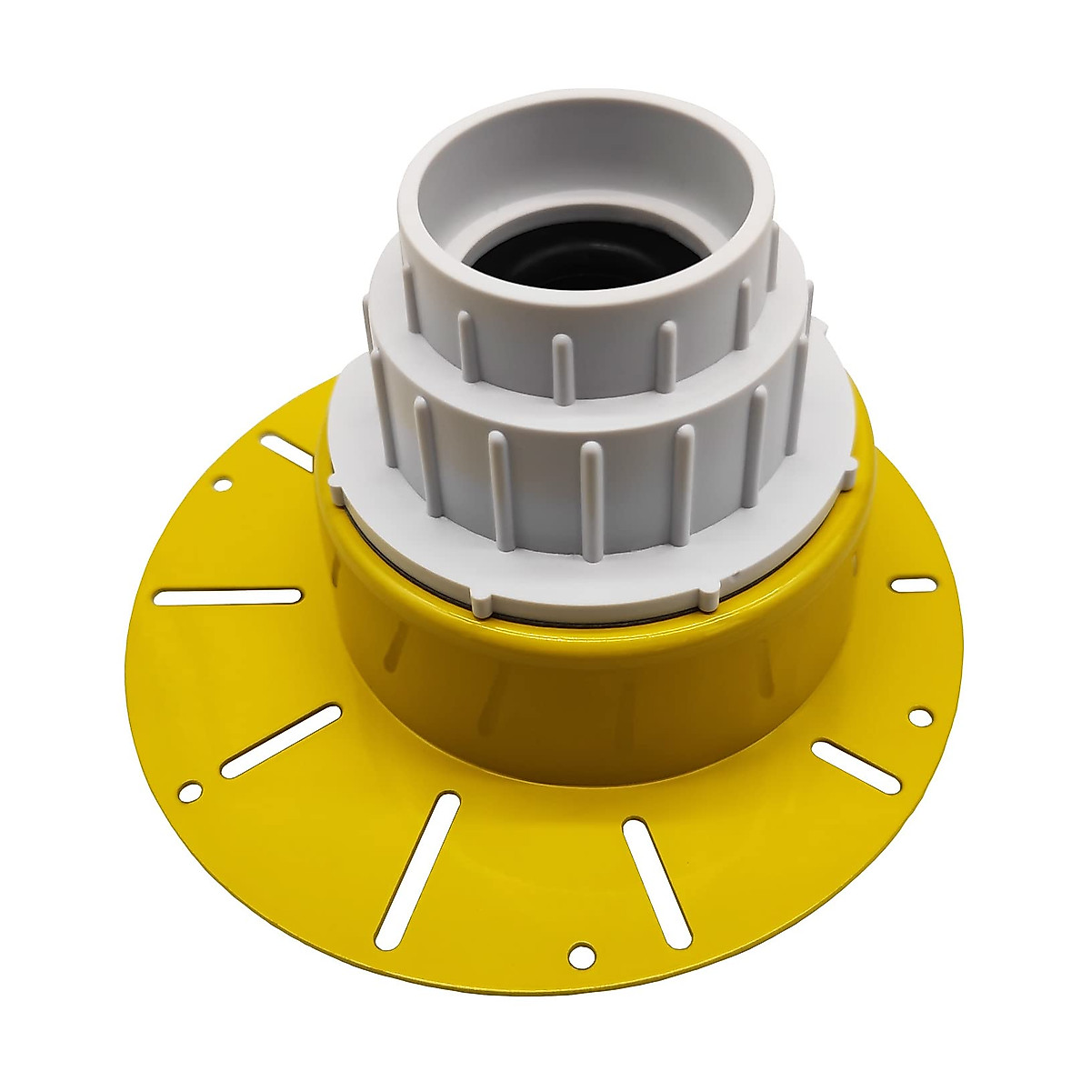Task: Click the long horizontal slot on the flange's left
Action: [228, 596]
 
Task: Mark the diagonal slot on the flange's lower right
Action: [855, 765]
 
